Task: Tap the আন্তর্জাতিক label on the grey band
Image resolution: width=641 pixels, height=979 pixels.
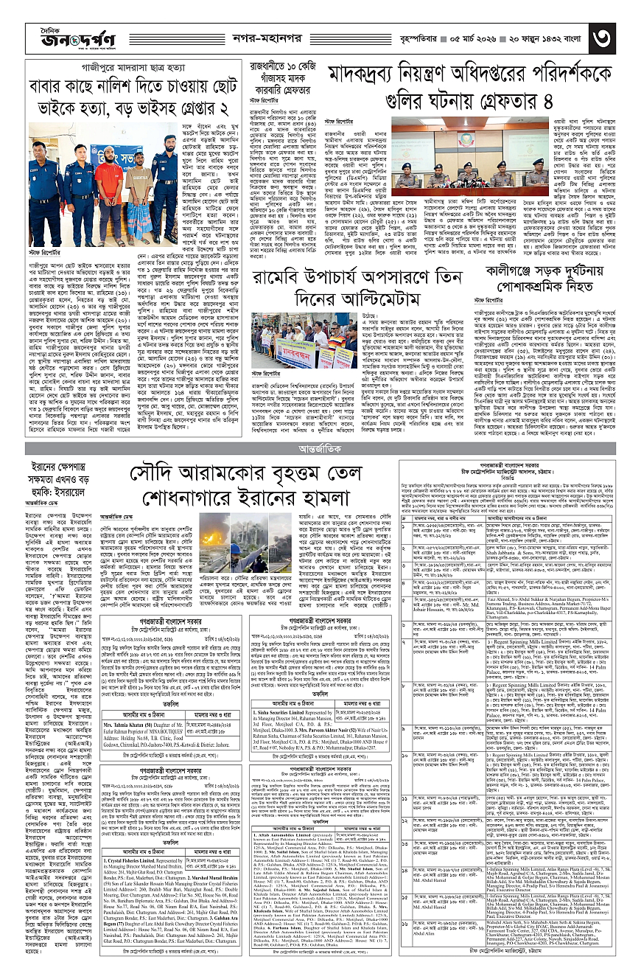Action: click(321, 448)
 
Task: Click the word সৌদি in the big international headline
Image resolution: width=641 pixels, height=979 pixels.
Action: click(161, 474)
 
